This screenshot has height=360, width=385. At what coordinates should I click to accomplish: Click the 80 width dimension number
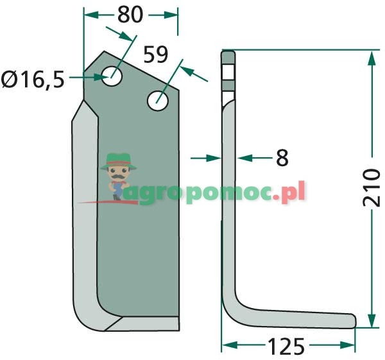130,14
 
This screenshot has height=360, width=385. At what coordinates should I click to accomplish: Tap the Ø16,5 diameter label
33,79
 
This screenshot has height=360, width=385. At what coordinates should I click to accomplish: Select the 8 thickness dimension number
282,157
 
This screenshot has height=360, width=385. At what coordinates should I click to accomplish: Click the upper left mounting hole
114,76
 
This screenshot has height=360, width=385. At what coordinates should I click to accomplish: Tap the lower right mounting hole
158,99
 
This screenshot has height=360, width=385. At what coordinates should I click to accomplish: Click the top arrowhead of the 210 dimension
371,59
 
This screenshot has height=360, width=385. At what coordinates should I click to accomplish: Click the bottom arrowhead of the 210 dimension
371,320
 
